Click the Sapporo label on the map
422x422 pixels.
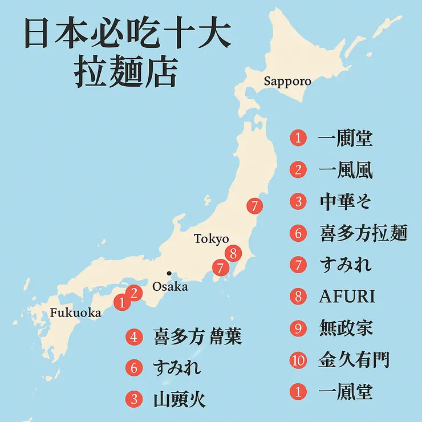click(x=287, y=81)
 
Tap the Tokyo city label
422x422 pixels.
click(x=211, y=239)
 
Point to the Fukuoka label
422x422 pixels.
click(x=75, y=313)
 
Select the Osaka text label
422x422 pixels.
click(x=170, y=286)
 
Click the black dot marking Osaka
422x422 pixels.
click(x=169, y=273)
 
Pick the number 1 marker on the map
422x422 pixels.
click(x=121, y=302)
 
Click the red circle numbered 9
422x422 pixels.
click(x=298, y=328)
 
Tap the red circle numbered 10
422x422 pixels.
click(x=298, y=360)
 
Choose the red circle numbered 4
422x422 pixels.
click(x=134, y=337)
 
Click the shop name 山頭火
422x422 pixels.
click(x=180, y=399)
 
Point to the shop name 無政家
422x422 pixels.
click(x=346, y=328)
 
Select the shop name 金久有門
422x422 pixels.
click(x=354, y=360)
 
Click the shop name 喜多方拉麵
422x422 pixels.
click(x=364, y=233)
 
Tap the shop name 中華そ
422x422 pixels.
click(x=346, y=201)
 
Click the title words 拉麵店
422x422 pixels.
click(x=125, y=74)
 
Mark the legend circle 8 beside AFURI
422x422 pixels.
click(x=298, y=297)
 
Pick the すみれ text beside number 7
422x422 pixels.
click(x=346, y=265)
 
